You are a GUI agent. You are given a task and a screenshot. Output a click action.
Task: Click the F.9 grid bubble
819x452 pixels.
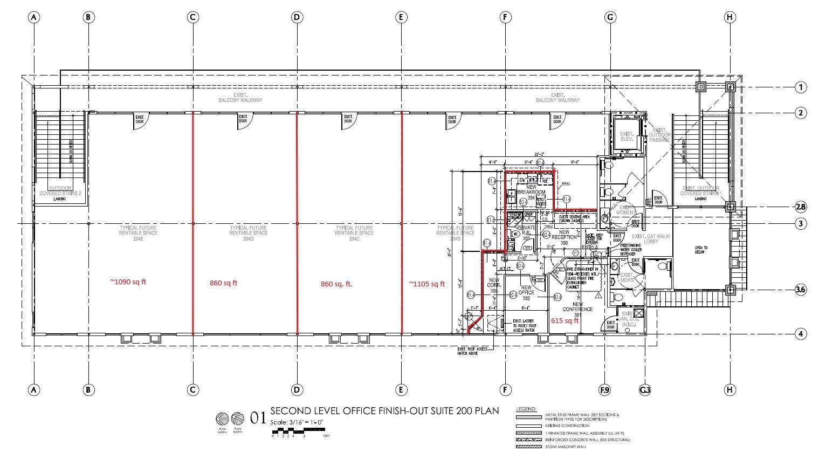coord(604,389)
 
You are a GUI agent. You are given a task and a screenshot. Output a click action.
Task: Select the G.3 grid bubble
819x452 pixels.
coord(645,389)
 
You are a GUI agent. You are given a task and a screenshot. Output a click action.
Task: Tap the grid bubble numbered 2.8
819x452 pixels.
coord(801,207)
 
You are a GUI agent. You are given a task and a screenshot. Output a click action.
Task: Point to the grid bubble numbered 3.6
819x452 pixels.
coord(801,290)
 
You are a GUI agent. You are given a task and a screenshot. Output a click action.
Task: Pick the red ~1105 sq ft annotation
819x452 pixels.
coord(426,284)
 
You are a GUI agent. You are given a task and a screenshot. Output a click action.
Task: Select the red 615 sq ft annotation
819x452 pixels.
coord(565,320)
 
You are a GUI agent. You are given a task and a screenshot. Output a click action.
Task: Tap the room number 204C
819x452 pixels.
coord(354,238)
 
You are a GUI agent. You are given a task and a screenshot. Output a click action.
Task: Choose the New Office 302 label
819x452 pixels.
coord(526,293)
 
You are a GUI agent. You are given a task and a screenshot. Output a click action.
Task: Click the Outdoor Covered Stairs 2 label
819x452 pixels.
coord(60,190)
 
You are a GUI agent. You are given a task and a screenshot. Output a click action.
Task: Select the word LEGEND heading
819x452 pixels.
coord(526,409)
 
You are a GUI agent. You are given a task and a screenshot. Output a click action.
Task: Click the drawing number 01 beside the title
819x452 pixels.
coord(258,417)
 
